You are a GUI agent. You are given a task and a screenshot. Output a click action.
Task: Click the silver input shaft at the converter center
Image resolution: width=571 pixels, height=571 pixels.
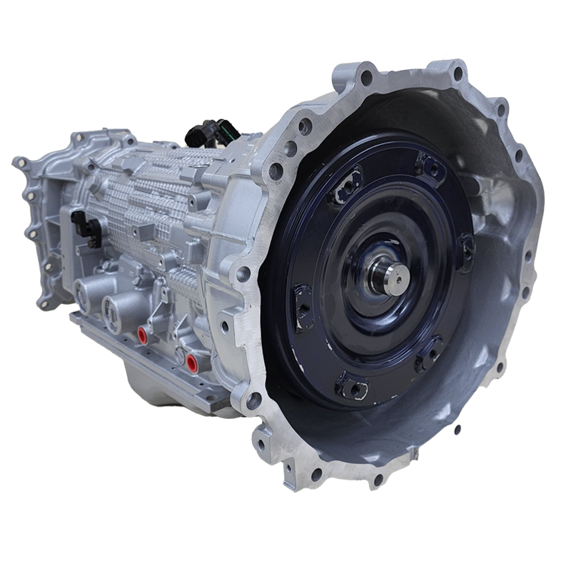(x=390, y=275)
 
